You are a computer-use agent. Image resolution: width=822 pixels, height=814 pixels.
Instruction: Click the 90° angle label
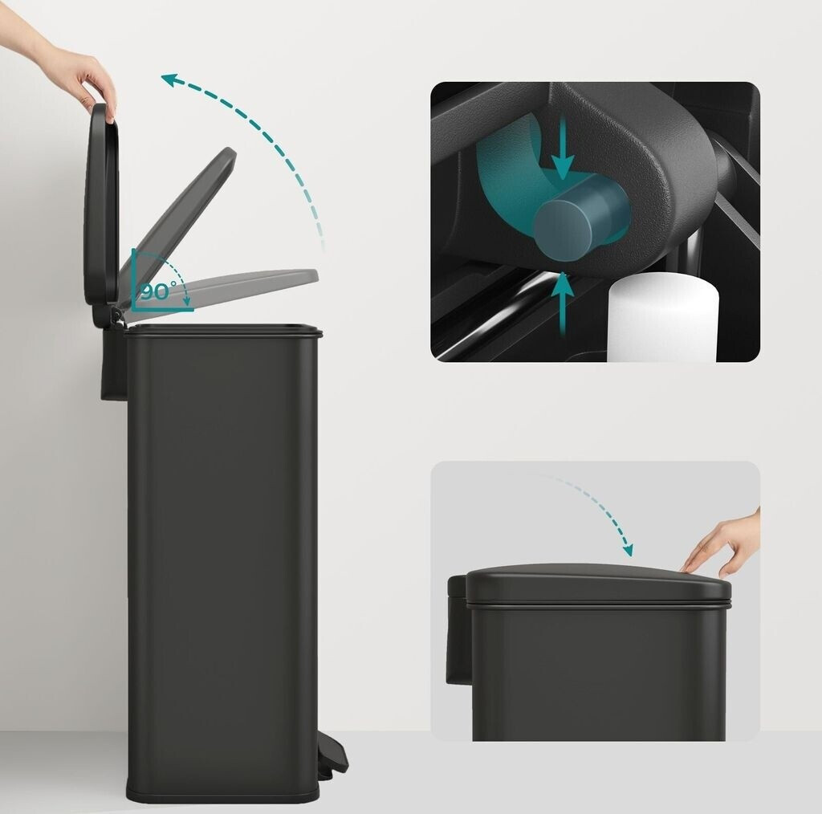158,291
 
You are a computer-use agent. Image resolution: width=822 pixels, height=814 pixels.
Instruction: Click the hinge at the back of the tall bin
116,315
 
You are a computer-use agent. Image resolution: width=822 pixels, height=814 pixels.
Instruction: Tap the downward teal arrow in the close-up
563,149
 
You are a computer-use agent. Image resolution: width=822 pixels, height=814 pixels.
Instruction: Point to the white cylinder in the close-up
662,318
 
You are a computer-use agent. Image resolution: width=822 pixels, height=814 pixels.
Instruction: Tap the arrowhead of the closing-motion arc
627,550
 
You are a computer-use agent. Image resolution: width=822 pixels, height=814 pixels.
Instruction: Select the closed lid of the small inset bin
597,584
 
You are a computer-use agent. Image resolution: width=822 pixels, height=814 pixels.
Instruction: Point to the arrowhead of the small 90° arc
186,301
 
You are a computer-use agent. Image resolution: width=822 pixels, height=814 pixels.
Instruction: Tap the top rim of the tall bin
224,330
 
